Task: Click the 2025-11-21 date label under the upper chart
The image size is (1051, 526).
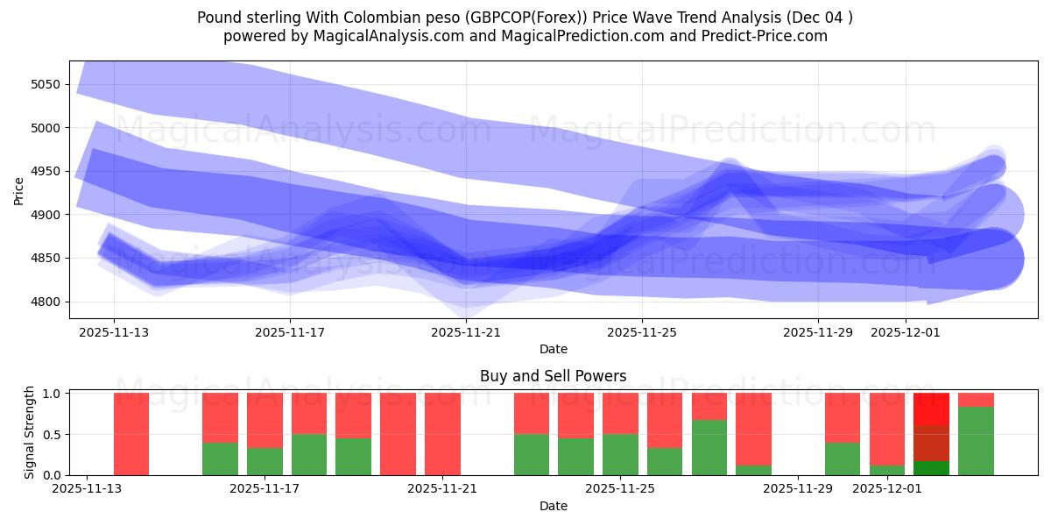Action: (465, 332)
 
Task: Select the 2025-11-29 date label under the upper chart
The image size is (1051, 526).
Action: (817, 332)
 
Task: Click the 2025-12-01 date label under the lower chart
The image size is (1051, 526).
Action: (886, 489)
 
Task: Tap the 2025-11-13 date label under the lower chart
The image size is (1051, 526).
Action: (87, 489)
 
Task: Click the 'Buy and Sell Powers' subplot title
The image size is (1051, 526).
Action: (553, 376)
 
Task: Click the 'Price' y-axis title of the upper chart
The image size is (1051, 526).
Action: (19, 189)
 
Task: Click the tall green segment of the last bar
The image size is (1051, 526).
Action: (976, 441)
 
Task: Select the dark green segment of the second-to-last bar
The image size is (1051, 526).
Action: (931, 468)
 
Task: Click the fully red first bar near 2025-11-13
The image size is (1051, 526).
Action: (131, 434)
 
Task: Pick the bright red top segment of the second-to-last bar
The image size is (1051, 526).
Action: (931, 409)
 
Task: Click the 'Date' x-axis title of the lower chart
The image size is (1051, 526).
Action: (553, 506)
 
